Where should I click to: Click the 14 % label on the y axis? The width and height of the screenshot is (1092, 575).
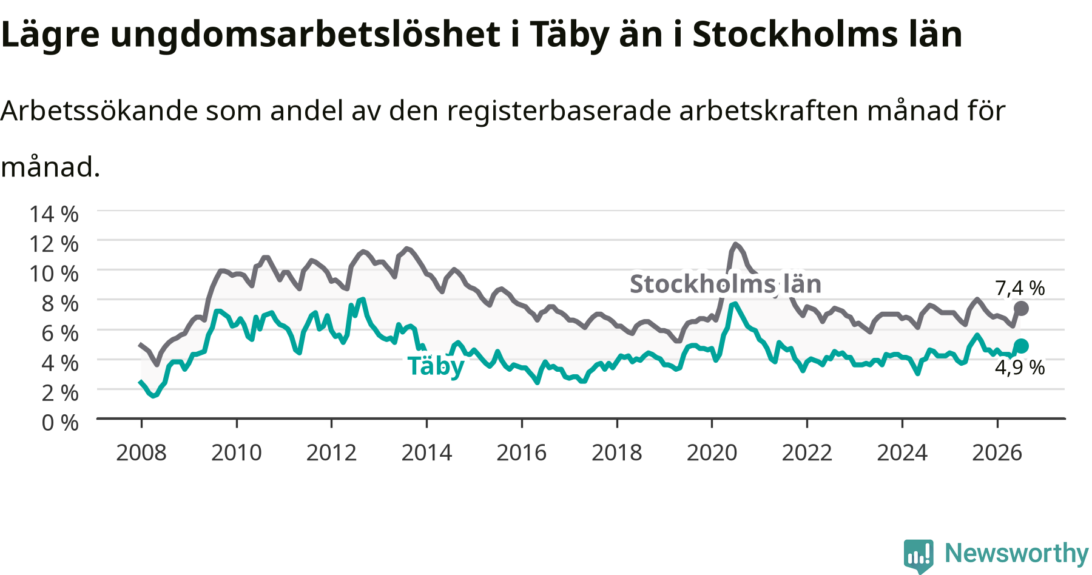(x=54, y=214)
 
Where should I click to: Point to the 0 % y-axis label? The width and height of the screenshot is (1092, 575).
(x=60, y=422)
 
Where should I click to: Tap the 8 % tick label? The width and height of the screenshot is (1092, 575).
(x=60, y=303)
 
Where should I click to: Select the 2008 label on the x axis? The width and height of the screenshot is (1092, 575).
(x=141, y=452)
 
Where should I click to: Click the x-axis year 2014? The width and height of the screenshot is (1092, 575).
(x=426, y=452)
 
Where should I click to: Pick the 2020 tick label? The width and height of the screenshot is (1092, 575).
(x=712, y=452)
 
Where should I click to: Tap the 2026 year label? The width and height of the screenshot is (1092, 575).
(x=997, y=452)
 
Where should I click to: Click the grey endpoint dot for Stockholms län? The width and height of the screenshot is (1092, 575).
(x=1021, y=309)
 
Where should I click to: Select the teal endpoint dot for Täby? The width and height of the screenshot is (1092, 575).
(x=1021, y=346)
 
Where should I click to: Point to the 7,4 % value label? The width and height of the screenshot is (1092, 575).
(x=1020, y=288)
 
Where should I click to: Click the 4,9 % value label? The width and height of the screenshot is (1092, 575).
(x=1020, y=368)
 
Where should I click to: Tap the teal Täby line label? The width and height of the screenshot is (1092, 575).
(x=436, y=366)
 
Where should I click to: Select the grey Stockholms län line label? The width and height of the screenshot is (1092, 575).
(x=726, y=284)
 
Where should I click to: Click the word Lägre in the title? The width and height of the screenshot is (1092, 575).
(x=50, y=35)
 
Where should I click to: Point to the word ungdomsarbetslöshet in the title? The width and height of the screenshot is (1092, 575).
(x=306, y=35)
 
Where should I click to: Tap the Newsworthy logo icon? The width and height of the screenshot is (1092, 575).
(x=918, y=556)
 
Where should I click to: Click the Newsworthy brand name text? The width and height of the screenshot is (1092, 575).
(x=1017, y=553)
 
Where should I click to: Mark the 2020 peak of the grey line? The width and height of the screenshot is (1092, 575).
(x=735, y=244)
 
